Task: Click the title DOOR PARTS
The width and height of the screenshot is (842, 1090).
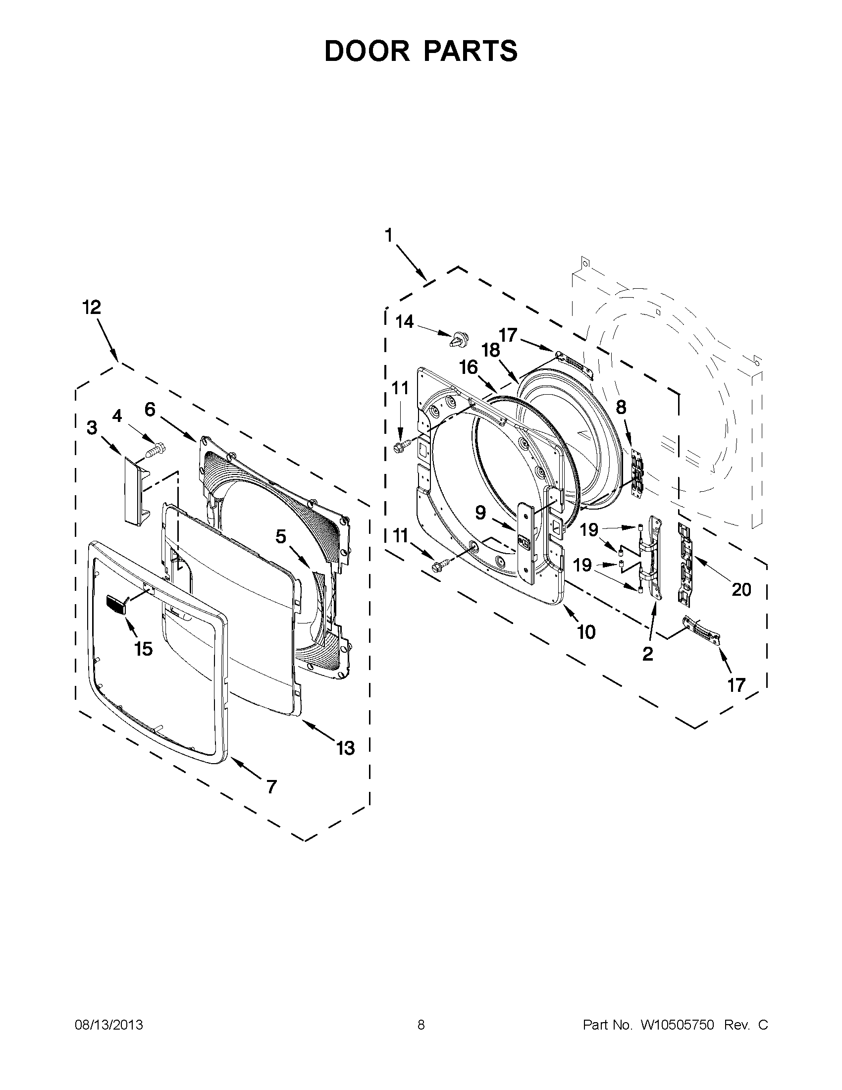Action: tap(421, 51)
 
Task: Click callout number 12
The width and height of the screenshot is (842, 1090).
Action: tap(92, 308)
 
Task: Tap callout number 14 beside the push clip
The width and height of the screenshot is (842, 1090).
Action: tap(405, 322)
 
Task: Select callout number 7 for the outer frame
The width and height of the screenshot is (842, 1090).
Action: tap(271, 787)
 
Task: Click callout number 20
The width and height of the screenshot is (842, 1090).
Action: tap(741, 590)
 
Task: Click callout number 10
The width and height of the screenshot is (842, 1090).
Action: tap(586, 632)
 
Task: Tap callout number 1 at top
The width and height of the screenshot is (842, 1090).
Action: tap(389, 235)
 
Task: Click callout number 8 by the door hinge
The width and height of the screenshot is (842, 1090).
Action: tap(621, 408)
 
